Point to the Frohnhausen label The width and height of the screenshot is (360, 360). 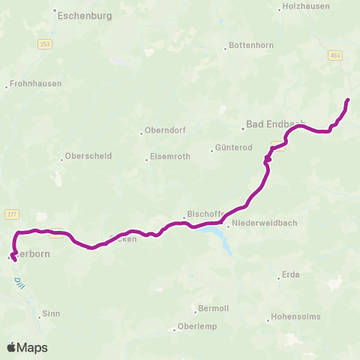34,85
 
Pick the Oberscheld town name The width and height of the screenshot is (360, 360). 88,157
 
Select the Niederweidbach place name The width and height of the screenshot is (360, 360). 260,223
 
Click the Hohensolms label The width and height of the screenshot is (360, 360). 295,316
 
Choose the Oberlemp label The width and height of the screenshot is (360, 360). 197,327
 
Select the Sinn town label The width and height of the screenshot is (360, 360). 51,313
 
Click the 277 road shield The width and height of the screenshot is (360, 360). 11,214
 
